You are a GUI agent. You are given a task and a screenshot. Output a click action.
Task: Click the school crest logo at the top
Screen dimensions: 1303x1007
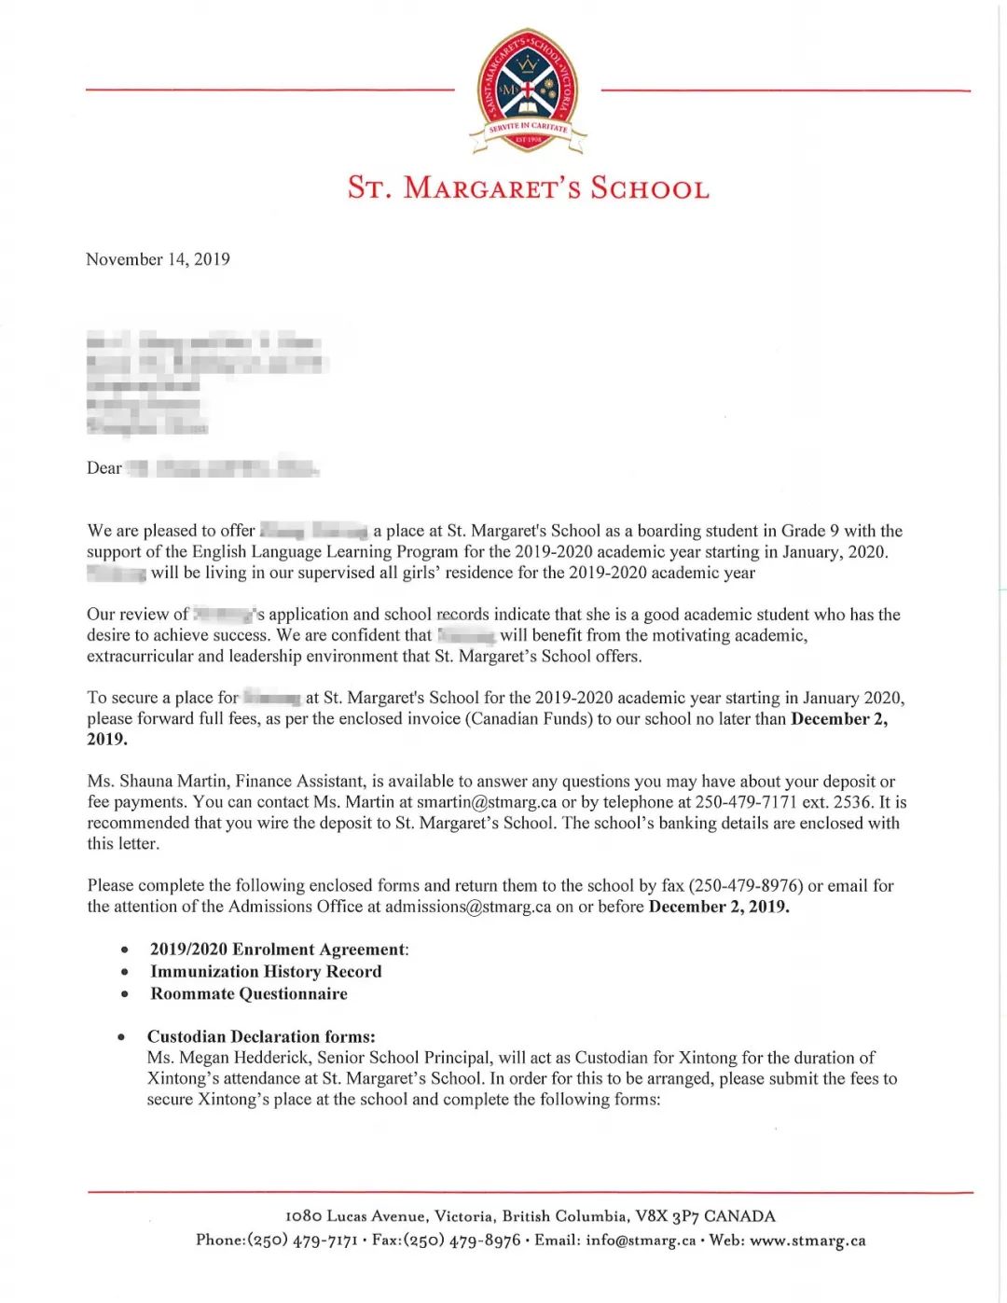[x=528, y=90]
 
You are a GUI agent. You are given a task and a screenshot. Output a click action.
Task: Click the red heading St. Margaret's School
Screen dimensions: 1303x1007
[x=528, y=187]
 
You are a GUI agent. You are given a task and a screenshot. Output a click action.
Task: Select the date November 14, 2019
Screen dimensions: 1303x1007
[x=158, y=259]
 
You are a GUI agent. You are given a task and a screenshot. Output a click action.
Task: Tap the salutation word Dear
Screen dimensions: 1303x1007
[x=104, y=468]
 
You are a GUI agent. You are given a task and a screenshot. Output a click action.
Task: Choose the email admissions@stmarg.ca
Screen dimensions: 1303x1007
[x=468, y=907]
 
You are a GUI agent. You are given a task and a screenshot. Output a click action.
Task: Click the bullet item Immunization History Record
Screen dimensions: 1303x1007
[x=266, y=972]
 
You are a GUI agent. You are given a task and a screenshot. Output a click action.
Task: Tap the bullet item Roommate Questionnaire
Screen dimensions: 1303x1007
[x=249, y=994]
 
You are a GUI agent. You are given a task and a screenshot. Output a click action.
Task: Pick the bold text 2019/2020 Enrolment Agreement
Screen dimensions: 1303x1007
[x=278, y=950]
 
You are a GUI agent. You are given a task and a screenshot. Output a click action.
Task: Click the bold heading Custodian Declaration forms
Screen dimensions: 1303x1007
[x=261, y=1037]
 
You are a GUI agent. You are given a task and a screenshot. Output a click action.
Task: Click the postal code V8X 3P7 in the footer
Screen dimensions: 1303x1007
[x=667, y=1216]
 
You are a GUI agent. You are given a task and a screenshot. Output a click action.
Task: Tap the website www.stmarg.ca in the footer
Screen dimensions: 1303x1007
[x=807, y=1241]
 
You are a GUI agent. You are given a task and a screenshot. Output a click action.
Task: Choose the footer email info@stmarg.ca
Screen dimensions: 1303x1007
[x=641, y=1241]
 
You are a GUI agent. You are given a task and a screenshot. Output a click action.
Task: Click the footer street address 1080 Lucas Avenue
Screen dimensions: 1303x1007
[x=356, y=1216]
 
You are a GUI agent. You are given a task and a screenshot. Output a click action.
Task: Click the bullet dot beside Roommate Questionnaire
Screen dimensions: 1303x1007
[x=125, y=994]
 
